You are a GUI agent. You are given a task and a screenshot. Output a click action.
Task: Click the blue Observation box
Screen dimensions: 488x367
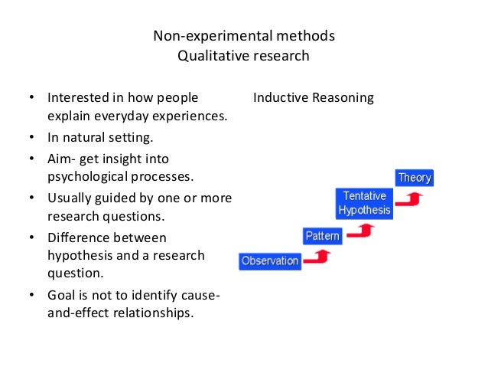[x=269, y=261]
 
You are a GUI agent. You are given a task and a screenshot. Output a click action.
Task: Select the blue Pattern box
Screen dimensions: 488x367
[x=323, y=236]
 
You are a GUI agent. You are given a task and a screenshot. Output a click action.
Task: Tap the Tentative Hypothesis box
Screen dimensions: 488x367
[x=364, y=203]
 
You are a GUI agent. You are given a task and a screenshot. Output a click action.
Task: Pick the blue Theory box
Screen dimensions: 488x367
[x=414, y=178]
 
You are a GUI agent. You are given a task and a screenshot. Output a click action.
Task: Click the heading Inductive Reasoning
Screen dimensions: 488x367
[x=313, y=98]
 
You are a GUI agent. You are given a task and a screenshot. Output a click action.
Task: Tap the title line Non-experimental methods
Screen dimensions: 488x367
[x=244, y=36]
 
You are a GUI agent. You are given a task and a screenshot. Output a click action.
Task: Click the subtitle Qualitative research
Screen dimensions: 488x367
[x=244, y=55]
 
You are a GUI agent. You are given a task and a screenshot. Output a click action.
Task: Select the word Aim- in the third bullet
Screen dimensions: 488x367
[x=63, y=159]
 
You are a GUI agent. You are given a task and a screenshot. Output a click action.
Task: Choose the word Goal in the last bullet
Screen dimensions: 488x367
[x=62, y=296]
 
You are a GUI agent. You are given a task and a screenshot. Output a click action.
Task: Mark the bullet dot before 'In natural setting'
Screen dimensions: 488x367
[x=31, y=139]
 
